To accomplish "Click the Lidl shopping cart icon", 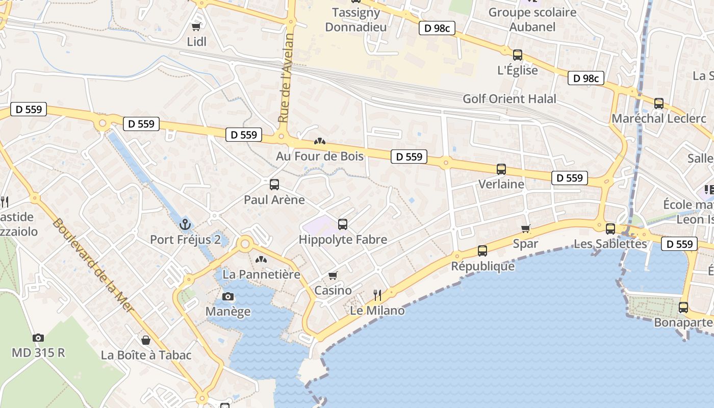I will (x=196, y=27).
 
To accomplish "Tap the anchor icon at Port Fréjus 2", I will (x=185, y=224).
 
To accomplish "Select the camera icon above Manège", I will (x=228, y=296).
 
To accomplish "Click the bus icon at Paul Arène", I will (x=274, y=185).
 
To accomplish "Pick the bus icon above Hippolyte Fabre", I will (x=343, y=224).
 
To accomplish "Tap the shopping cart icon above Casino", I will (x=333, y=275).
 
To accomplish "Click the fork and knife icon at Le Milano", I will (x=377, y=295).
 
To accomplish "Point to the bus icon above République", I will (x=482, y=251).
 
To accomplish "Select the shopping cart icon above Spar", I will (x=526, y=228).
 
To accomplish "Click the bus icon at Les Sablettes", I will (x=610, y=228).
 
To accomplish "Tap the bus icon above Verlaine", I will (x=501, y=169).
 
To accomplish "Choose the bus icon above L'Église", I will (x=518, y=55).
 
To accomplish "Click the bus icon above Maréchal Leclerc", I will (x=659, y=104).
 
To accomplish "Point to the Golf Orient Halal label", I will (x=509, y=99).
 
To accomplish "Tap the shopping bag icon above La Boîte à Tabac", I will (x=146, y=340).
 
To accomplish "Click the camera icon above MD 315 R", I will (x=38, y=338).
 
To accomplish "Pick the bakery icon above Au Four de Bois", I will (x=320, y=141).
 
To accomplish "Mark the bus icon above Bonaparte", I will (x=683, y=308).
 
